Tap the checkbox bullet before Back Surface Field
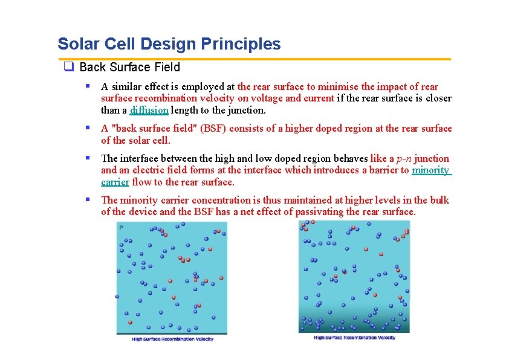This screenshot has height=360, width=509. [x=69, y=68]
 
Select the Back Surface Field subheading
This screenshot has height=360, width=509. [x=129, y=68]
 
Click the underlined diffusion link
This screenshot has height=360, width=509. [x=149, y=110]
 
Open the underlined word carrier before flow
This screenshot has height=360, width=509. [x=115, y=182]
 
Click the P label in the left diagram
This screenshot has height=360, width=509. [x=121, y=228]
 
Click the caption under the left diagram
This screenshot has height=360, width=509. [x=173, y=339]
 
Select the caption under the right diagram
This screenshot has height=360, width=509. [x=354, y=338]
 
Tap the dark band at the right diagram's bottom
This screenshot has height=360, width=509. [x=354, y=326]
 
